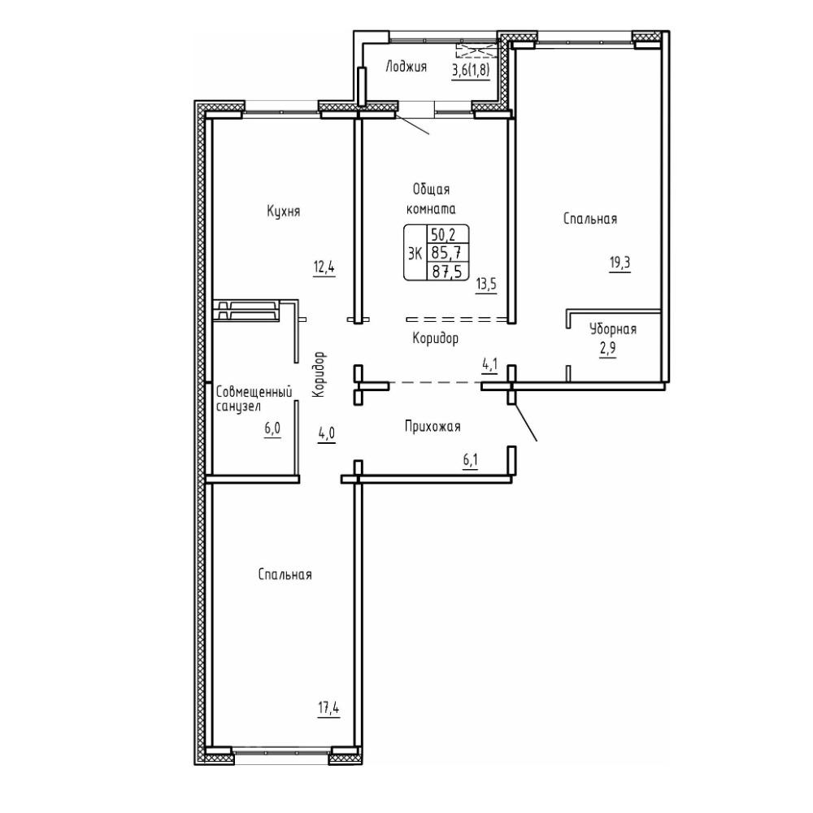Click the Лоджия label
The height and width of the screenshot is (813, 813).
(406, 67)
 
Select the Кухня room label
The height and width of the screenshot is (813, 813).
(284, 211)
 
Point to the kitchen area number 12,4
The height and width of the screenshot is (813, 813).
(324, 268)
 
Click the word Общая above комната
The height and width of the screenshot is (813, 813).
(431, 189)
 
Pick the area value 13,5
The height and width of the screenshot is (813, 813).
(486, 285)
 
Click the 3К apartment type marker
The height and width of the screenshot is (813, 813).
(415, 254)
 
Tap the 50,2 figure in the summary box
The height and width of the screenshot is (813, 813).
(443, 235)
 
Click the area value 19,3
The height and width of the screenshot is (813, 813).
(620, 263)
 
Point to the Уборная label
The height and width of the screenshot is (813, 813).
(613, 329)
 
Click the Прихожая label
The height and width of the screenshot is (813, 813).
(433, 427)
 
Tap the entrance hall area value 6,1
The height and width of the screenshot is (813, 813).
(470, 461)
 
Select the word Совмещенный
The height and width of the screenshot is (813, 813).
(254, 393)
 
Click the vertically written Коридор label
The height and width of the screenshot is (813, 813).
(320, 374)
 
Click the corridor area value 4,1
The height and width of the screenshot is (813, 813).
(490, 364)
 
